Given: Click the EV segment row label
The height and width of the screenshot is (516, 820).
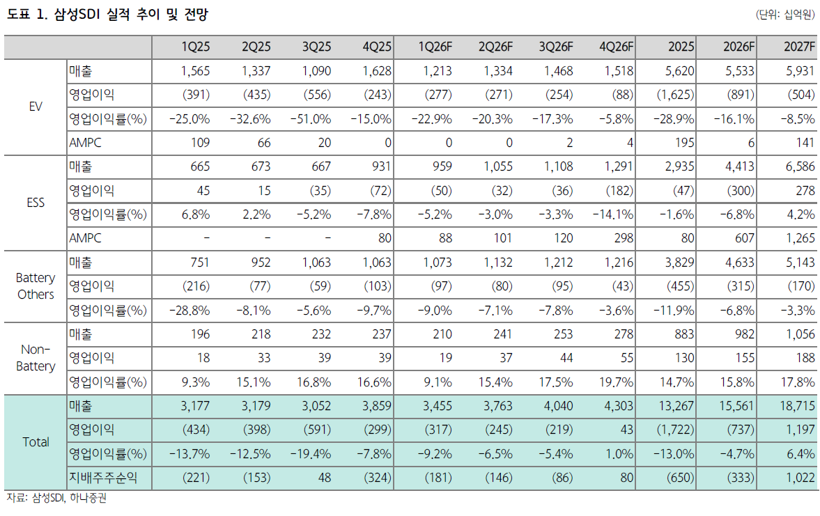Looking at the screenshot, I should point(36,107).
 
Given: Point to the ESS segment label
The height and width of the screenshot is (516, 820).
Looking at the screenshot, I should point(36,203).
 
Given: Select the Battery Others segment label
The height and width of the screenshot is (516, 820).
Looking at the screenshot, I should point(36,286).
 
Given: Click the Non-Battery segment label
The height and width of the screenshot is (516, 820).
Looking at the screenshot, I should point(36,358).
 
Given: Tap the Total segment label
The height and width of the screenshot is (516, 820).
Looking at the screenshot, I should point(36,442).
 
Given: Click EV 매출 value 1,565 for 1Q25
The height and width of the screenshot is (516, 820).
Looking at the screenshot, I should point(195,70).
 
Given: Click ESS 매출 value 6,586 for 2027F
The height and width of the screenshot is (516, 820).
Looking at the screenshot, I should point(798,166).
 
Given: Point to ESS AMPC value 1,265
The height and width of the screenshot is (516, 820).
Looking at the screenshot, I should point(798,238).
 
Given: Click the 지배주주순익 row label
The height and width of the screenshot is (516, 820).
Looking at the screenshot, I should point(102,478).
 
